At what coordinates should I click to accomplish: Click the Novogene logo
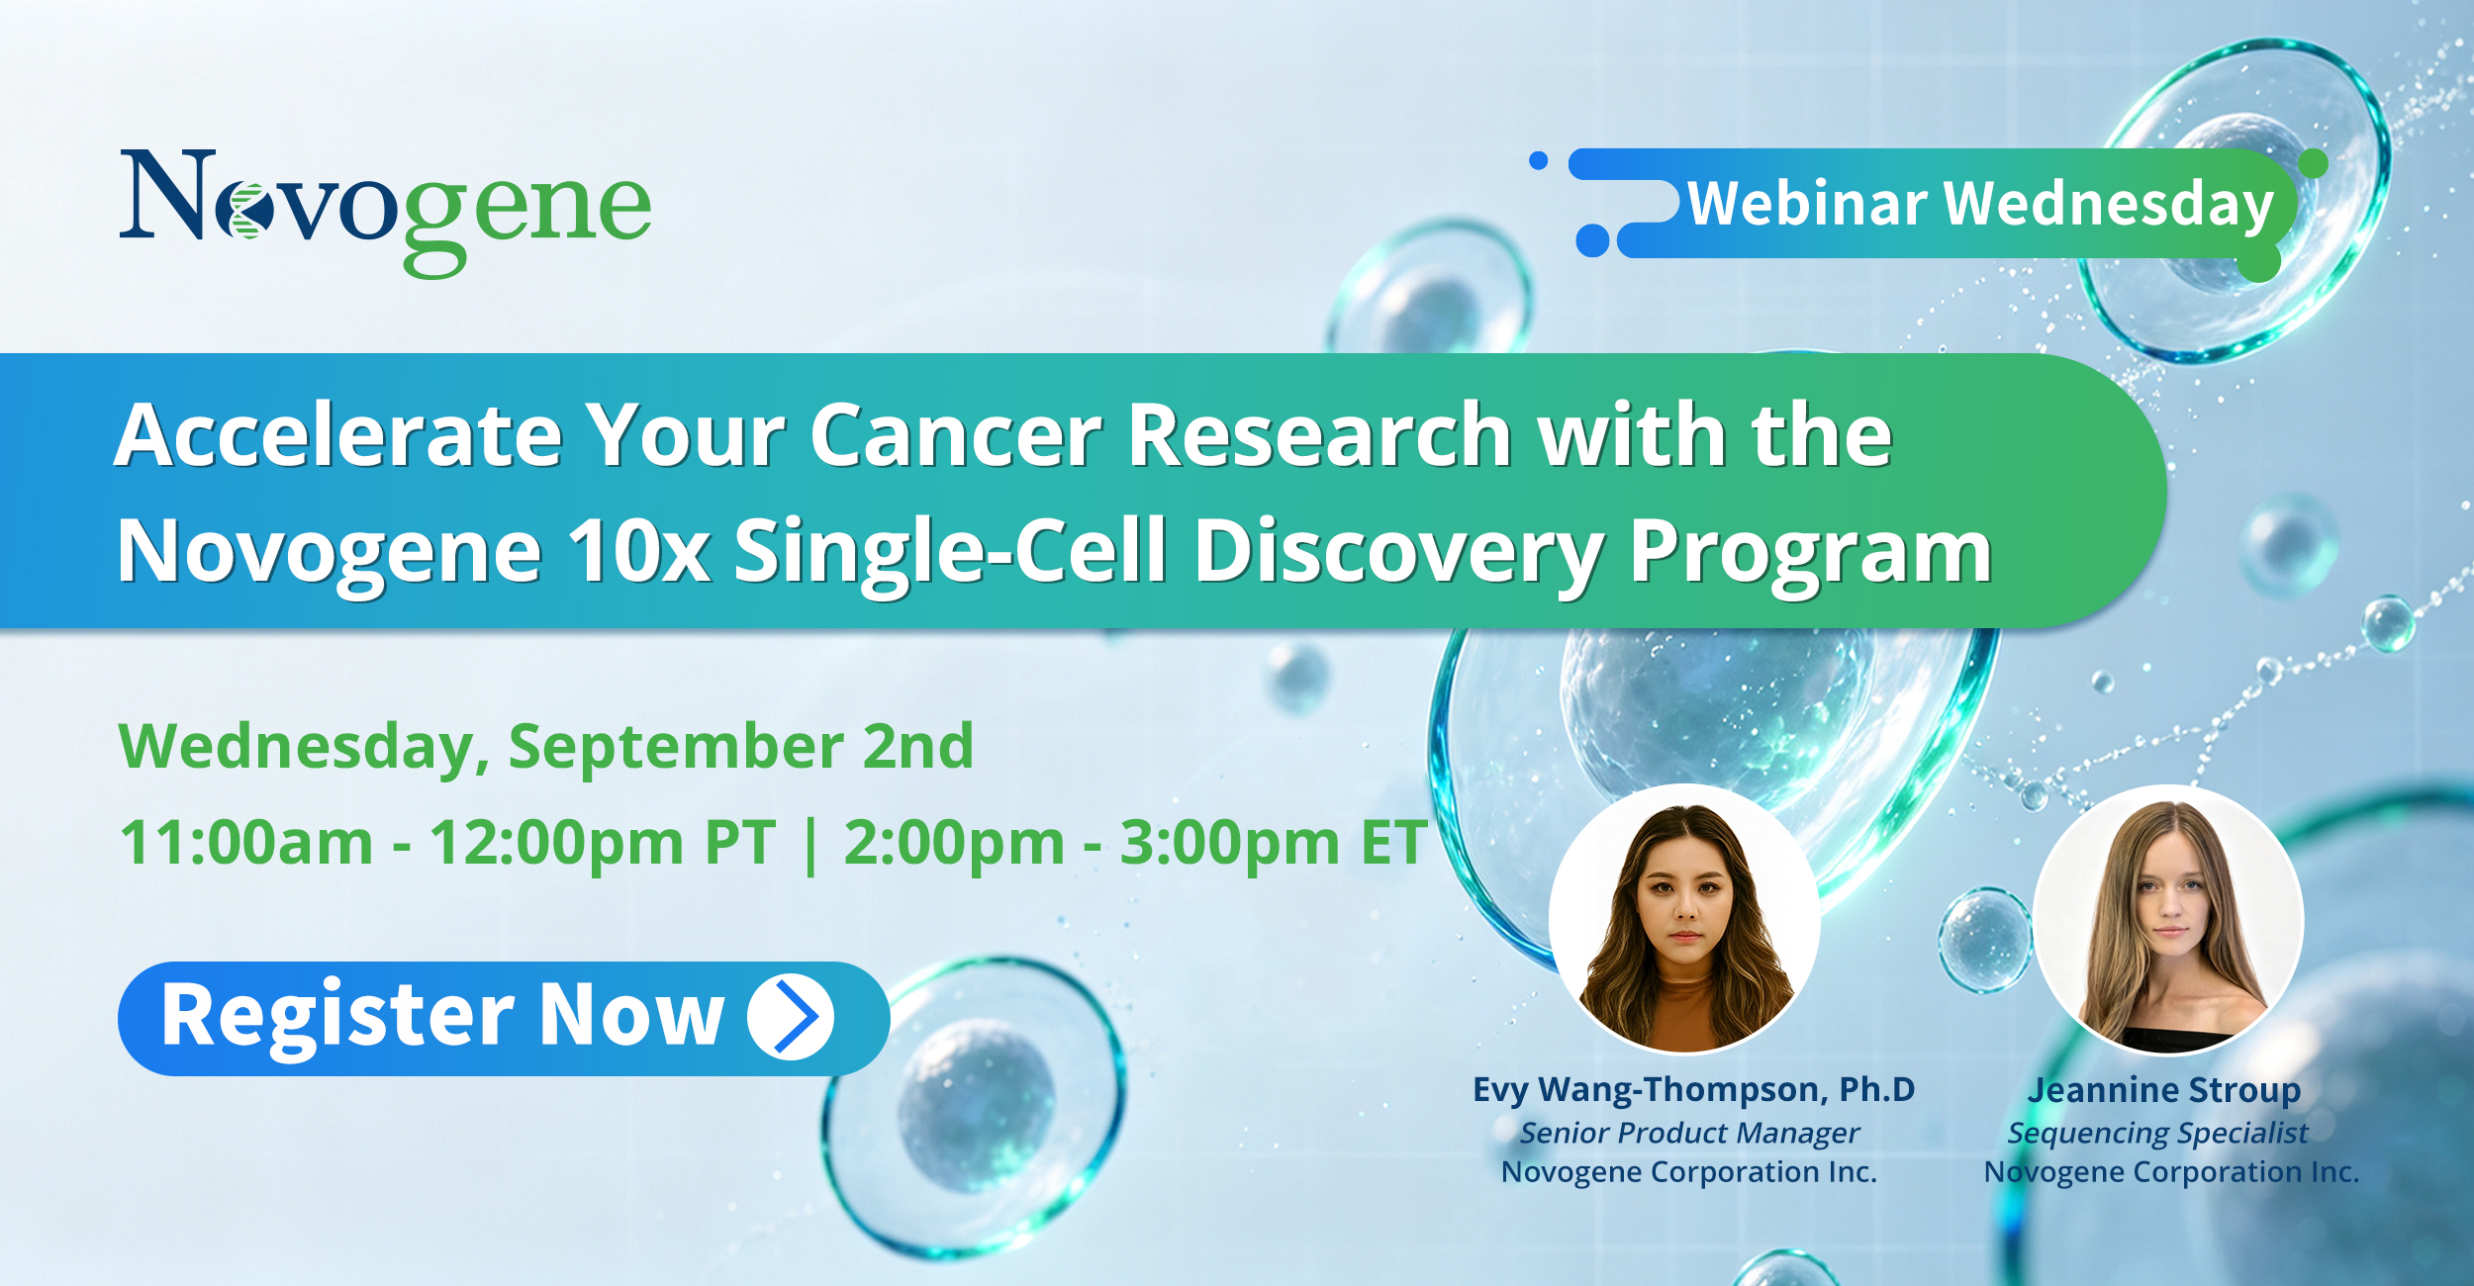click(x=386, y=213)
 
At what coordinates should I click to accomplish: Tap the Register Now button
click(x=504, y=1018)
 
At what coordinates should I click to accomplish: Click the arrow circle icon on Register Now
click(x=791, y=1017)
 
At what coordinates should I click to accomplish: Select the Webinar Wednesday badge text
click(x=1980, y=205)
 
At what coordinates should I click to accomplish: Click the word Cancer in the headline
click(x=956, y=435)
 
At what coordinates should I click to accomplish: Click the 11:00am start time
click(x=246, y=843)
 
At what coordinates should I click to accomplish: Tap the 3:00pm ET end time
click(x=1273, y=843)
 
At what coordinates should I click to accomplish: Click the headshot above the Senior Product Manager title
click(x=1684, y=919)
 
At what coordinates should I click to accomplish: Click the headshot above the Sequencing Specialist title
click(x=2168, y=919)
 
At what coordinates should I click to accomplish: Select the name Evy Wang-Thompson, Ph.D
click(x=1693, y=1090)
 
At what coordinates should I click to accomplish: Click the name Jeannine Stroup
click(x=2164, y=1090)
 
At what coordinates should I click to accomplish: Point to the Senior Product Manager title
click(x=1689, y=1134)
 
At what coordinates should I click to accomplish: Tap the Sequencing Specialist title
click(x=2157, y=1134)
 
